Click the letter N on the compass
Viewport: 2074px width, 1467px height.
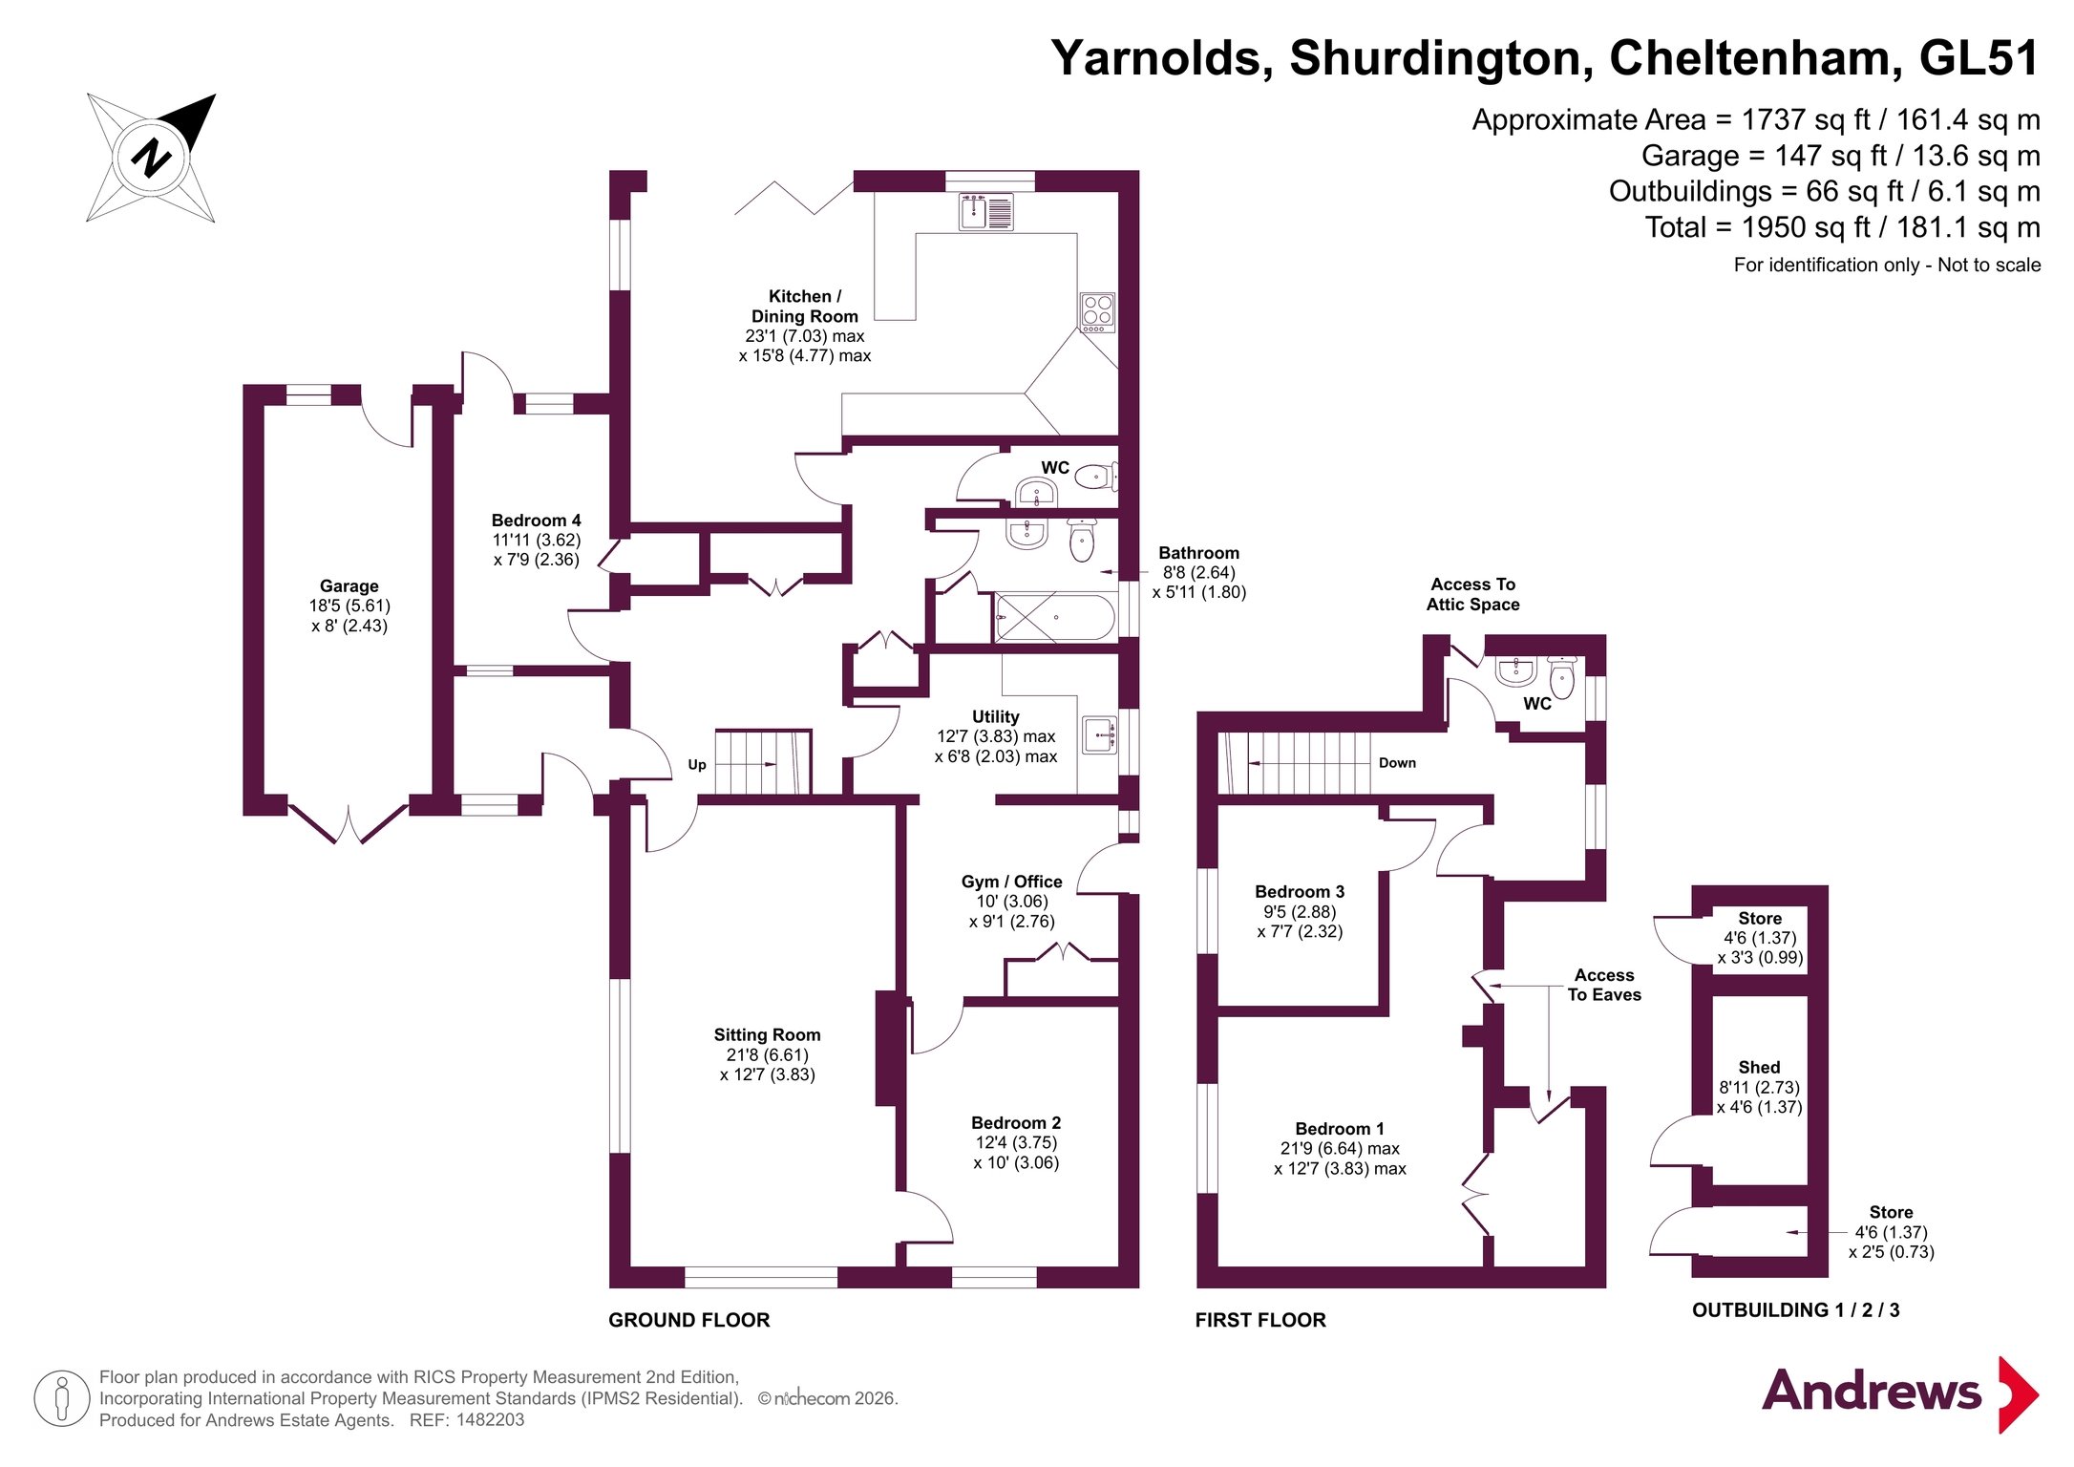click(151, 158)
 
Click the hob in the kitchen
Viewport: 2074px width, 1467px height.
click(1097, 312)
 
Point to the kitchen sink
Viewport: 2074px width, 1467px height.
click(986, 212)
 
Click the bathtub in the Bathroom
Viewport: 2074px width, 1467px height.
click(1055, 617)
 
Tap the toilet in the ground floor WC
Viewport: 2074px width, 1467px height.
click(1096, 476)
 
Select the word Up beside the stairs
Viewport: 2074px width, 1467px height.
click(697, 765)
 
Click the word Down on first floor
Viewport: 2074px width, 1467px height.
click(1397, 763)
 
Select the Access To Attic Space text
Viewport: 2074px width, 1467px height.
click(1472, 594)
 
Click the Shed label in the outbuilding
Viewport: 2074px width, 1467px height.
click(1759, 1068)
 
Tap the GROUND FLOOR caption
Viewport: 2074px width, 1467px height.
click(688, 1320)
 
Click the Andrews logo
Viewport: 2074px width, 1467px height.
click(1900, 1393)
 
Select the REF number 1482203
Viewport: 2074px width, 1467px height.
click(490, 1420)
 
